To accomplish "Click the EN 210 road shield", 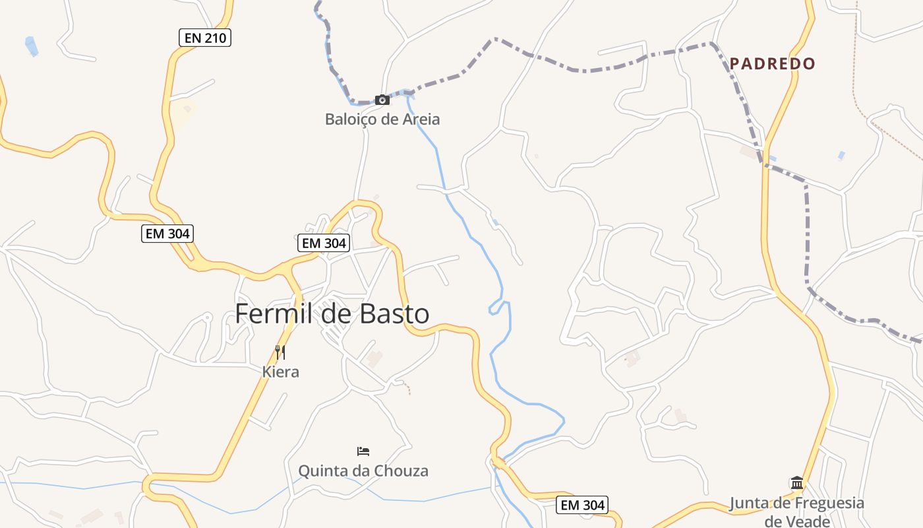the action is (x=205, y=38).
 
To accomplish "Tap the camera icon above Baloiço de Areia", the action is (x=382, y=100).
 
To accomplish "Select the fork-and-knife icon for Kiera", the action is (x=280, y=352).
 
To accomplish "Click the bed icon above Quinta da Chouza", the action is (x=363, y=451).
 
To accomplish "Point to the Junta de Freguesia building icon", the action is (x=796, y=483).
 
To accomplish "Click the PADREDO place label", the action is (x=773, y=63).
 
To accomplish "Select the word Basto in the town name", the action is (x=394, y=313).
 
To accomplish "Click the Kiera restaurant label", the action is (x=281, y=372).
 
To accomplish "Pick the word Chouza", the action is (x=401, y=471).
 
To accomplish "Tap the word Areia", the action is (x=420, y=119).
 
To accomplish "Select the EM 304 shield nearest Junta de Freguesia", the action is (x=581, y=506).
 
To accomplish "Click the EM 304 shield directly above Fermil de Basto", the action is (x=323, y=243).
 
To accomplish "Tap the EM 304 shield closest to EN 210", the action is (x=167, y=233).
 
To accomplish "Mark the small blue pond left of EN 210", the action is (x=31, y=46).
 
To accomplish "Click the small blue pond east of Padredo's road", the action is (x=841, y=156).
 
